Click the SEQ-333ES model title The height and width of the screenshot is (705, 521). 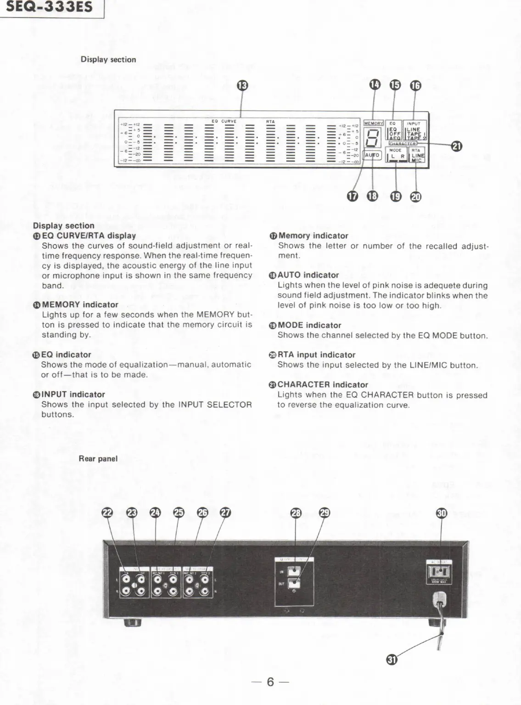point(49,7)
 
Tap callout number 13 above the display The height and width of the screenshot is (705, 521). point(242,85)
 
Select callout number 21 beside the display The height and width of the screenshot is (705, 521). point(456,146)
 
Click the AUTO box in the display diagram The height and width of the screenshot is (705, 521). point(372,155)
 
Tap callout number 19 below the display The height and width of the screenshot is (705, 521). point(395,197)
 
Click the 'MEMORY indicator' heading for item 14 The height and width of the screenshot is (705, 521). point(80,305)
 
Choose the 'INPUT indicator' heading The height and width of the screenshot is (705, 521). point(73,394)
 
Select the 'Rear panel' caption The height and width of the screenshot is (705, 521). point(98,458)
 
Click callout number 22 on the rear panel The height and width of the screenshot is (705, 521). point(107,513)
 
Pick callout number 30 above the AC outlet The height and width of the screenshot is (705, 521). point(441,513)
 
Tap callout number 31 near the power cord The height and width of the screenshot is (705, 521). point(392,660)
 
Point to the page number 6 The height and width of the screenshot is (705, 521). point(270,682)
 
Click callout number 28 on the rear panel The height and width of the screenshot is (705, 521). point(296,513)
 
